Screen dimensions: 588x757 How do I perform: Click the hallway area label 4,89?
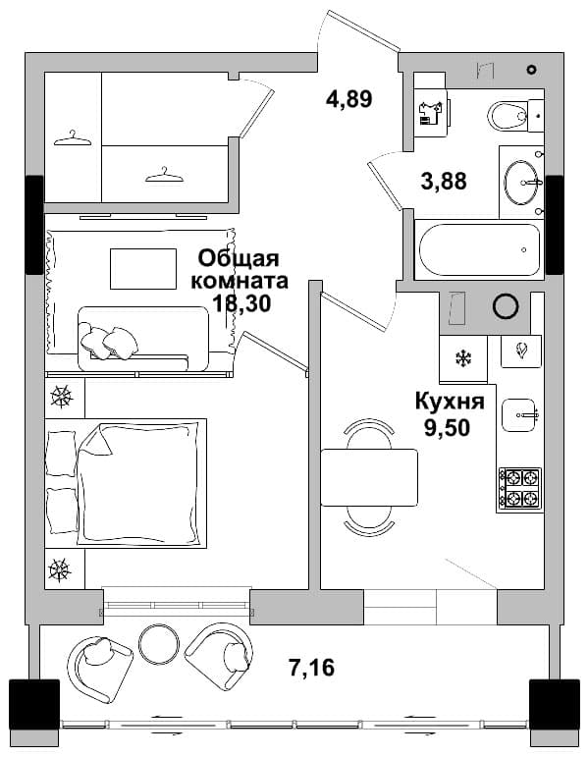click(x=349, y=99)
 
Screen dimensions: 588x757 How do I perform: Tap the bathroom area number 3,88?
click(x=444, y=182)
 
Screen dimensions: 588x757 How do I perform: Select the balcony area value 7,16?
click(x=311, y=668)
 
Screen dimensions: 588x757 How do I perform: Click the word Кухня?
click(x=450, y=402)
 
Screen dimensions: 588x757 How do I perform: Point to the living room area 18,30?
click(x=241, y=303)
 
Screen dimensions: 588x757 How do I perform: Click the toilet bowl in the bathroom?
click(x=508, y=116)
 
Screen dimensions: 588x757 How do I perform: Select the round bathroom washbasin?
click(x=520, y=183)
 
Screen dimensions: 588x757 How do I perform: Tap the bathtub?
click(x=479, y=250)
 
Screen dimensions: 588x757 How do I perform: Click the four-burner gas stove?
click(x=520, y=489)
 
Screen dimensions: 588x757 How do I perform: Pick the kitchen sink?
click(x=519, y=414)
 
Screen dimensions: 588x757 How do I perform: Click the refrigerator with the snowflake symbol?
click(x=463, y=358)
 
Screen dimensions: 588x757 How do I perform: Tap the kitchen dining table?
click(x=369, y=477)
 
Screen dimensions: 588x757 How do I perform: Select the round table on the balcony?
click(x=159, y=643)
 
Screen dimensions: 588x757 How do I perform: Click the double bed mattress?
click(x=140, y=482)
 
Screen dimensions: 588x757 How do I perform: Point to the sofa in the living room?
click(x=143, y=339)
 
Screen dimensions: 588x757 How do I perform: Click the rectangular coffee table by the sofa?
click(x=143, y=269)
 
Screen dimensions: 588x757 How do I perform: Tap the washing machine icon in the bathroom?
click(x=432, y=114)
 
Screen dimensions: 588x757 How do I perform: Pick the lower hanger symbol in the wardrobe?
click(x=165, y=175)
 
